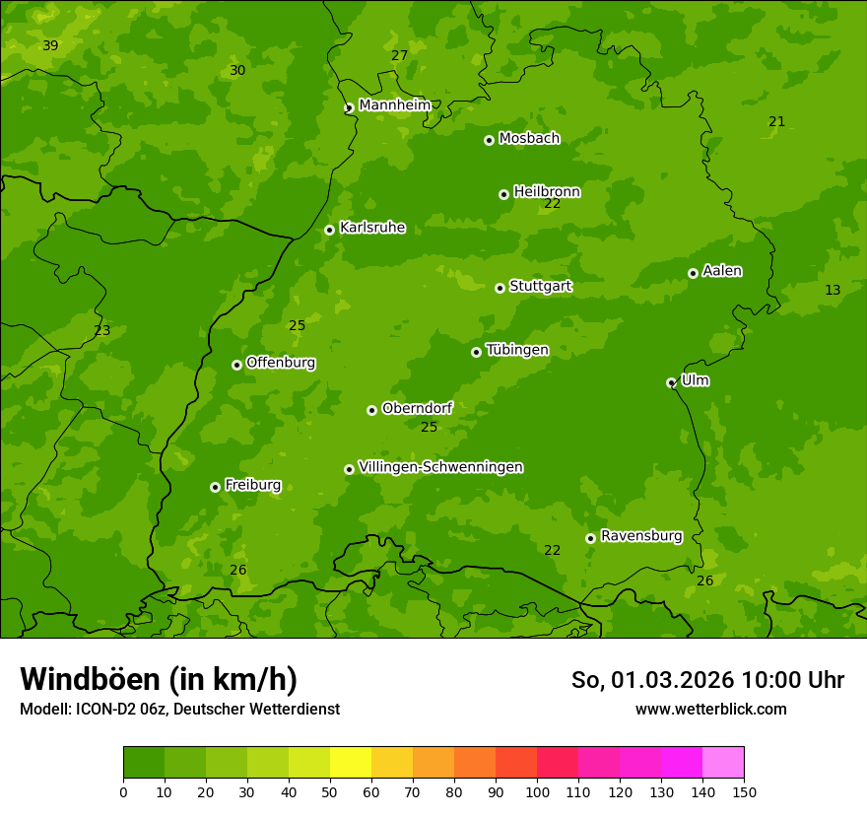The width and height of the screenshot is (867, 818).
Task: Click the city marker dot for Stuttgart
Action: point(500,288)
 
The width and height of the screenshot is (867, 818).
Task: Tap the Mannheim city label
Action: point(395,105)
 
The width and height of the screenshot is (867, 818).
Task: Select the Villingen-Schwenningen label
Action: point(440,467)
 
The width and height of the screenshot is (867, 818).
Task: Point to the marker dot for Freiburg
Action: point(215,487)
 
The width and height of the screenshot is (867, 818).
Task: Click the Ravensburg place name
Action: point(641,536)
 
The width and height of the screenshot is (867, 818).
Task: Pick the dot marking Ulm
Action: point(671,382)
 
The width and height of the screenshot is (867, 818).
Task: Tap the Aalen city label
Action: point(722,271)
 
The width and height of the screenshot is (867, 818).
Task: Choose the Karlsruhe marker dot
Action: point(329,230)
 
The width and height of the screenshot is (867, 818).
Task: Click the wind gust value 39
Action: point(50,46)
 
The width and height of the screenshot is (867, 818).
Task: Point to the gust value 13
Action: point(833,290)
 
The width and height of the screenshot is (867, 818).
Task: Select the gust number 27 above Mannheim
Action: point(399,56)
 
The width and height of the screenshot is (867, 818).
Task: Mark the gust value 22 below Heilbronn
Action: point(552,204)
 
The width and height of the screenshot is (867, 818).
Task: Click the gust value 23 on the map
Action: point(101,331)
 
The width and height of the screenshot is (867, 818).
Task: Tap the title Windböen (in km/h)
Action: point(158,679)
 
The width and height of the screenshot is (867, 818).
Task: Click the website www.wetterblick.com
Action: point(710,709)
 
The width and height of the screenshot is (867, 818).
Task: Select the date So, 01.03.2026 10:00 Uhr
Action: point(707,680)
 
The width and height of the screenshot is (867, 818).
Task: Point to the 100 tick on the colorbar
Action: point(537,791)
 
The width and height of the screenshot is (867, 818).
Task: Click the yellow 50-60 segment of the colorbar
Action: point(351,763)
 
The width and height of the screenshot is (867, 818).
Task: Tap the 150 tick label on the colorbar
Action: point(744,791)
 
